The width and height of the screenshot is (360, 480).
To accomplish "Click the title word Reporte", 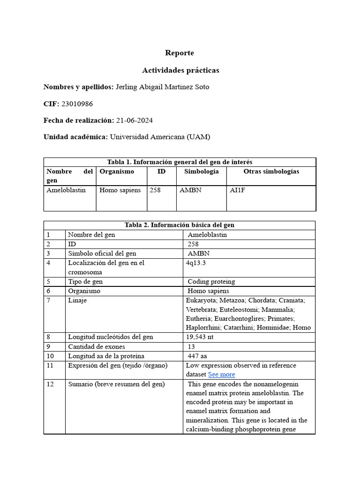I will (x=180, y=53).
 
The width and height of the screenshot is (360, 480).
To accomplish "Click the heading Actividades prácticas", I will (x=180, y=70).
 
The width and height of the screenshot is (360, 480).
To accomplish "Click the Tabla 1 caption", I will (x=180, y=162).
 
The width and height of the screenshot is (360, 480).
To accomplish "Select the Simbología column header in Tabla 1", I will (x=201, y=172).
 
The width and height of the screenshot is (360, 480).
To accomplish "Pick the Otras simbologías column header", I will (x=271, y=172).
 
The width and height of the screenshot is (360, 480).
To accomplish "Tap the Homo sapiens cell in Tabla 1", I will (x=120, y=190).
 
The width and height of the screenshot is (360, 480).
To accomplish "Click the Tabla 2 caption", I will (x=180, y=225).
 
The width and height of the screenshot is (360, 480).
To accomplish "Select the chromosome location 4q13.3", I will (x=195, y=263).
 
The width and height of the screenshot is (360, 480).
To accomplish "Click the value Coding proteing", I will (x=211, y=282).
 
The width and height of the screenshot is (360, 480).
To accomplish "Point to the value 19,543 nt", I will (x=200, y=337).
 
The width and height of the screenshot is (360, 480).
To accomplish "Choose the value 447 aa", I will (x=197, y=356).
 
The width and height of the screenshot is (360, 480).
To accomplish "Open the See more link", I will (x=221, y=374).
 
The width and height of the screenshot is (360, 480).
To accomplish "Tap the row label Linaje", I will (x=77, y=300).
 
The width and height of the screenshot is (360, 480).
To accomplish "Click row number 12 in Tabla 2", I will (x=50, y=384).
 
